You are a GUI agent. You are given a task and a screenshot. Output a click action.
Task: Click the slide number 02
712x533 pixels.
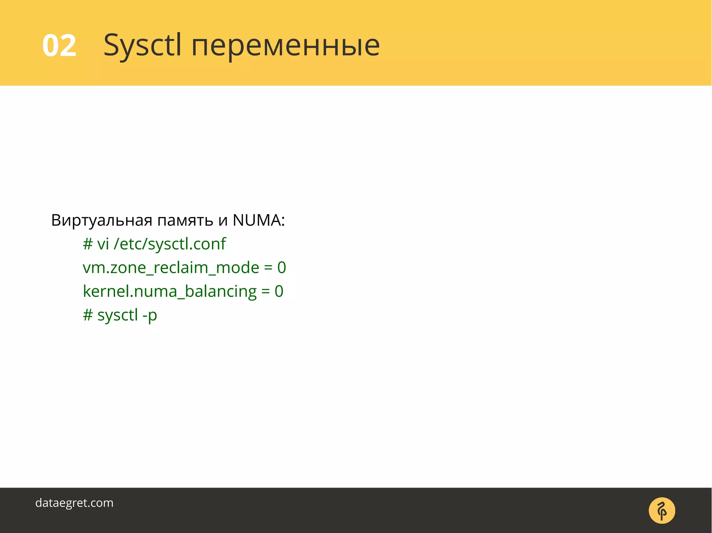(59, 45)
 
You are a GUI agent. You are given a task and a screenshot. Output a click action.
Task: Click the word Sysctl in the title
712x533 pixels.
(143, 45)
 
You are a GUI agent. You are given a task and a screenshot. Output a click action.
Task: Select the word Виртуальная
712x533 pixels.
(102, 220)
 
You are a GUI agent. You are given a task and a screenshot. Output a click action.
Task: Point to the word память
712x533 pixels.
(185, 220)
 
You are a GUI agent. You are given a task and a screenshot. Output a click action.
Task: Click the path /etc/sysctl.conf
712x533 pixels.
(170, 244)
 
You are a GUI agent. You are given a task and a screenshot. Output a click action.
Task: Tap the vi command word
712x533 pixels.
(103, 244)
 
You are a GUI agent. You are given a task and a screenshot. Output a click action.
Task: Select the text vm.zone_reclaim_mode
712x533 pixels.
(171, 268)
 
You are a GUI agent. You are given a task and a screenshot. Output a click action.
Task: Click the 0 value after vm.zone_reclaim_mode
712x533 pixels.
(282, 267)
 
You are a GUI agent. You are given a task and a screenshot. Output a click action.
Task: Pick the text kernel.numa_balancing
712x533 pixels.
(170, 291)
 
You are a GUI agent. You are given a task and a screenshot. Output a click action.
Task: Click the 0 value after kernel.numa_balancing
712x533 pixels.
(279, 291)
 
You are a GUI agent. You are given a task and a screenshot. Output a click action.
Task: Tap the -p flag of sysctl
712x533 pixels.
(150, 315)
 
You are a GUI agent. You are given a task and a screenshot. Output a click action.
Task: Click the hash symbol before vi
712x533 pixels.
(88, 244)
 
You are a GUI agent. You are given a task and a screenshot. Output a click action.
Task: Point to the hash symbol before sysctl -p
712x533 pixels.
(88, 315)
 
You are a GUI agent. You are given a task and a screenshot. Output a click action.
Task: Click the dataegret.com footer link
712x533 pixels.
(74, 503)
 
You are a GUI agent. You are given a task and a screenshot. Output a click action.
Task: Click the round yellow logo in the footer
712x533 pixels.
(662, 510)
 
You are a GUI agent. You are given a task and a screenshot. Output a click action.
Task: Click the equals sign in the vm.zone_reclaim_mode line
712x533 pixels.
(268, 268)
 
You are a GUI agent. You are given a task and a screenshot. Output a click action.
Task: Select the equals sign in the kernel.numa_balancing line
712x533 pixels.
(265, 291)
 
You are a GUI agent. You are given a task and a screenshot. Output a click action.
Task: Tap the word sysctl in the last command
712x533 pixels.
(118, 315)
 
